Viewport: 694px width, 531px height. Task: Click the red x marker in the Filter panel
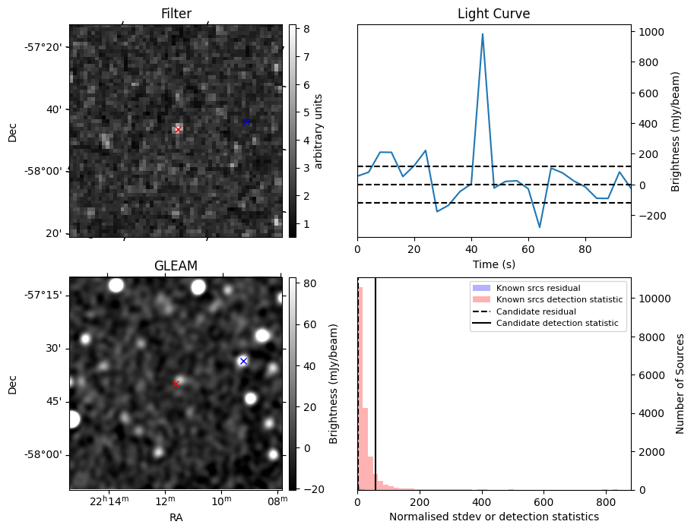(x=178, y=129)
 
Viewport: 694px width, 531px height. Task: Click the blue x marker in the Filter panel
(x=246, y=122)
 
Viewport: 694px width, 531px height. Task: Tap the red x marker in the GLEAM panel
(x=176, y=384)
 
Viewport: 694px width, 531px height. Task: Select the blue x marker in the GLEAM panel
(x=243, y=361)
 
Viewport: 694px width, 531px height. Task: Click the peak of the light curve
(x=482, y=34)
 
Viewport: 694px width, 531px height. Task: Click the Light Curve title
(x=493, y=14)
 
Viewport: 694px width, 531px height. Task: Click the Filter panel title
(x=176, y=14)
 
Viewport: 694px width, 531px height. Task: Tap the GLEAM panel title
(x=176, y=265)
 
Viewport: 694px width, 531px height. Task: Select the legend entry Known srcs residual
(x=537, y=288)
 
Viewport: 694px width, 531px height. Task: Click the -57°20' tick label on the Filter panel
(x=44, y=47)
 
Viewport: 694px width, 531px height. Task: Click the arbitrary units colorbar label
(x=318, y=131)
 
